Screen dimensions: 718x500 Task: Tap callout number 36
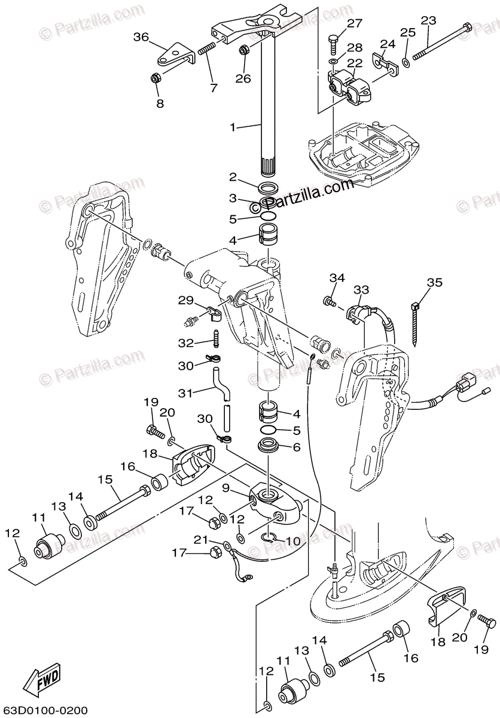pos(141,37)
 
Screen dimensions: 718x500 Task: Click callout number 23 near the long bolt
pos(428,20)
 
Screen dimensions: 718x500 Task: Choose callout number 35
pos(434,282)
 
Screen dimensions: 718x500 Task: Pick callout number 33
pos(361,290)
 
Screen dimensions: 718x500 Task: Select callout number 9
pos(226,489)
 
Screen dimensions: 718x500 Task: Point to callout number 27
pos(355,23)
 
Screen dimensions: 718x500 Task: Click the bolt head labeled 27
pos(333,42)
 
